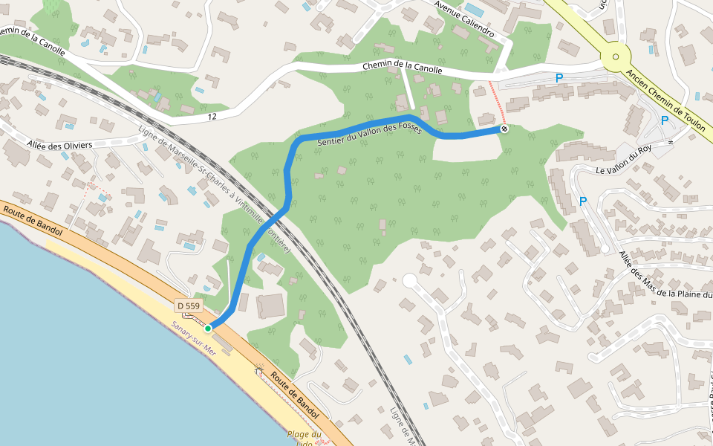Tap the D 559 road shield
coord(189,306)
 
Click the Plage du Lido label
coord(305,439)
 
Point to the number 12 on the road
coord(212,117)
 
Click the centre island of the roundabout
coord(616,56)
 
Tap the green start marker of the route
coord(209,328)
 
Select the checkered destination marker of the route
coord(504,129)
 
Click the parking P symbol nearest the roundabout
coord(559,77)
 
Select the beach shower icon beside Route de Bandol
coord(259,369)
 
